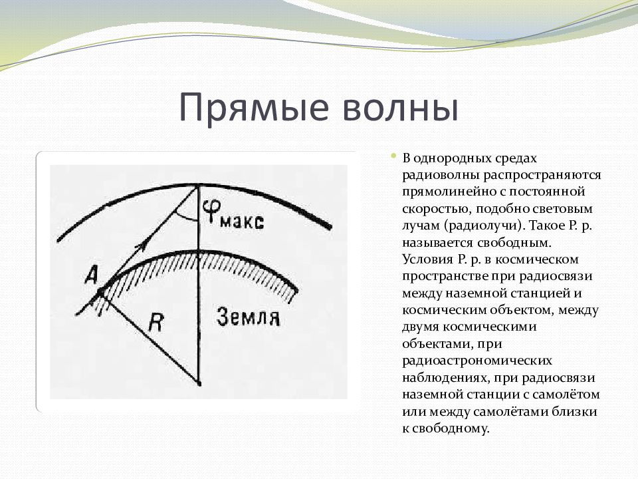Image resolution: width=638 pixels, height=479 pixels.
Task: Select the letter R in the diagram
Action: [x=155, y=324]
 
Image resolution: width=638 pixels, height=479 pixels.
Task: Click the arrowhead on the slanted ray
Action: [x=140, y=246]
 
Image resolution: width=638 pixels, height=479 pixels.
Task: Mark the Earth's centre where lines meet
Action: [x=199, y=384]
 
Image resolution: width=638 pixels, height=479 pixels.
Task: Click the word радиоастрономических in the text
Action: [x=477, y=361]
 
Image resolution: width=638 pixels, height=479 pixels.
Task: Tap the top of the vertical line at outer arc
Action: [x=199, y=186]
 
